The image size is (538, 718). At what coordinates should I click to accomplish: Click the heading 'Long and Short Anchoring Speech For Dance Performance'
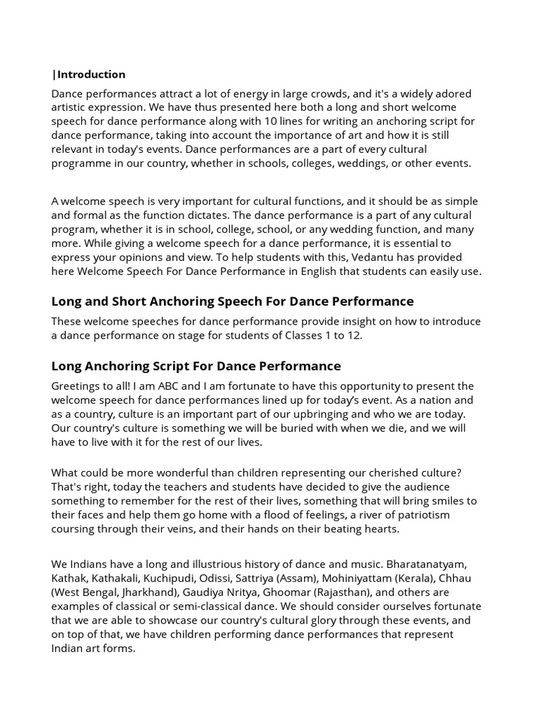pos(233,302)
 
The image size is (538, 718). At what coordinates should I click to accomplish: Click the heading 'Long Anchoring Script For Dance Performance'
pos(196,366)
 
